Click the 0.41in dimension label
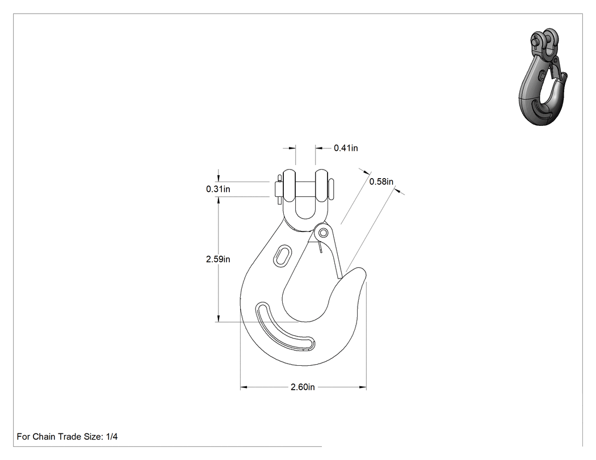point(346,148)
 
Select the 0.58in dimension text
point(381,182)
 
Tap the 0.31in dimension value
point(218,189)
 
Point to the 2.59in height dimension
point(218,259)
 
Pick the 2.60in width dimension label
point(303,387)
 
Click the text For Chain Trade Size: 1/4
point(68,436)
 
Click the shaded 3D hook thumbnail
point(543,77)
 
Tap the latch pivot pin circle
point(324,232)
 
